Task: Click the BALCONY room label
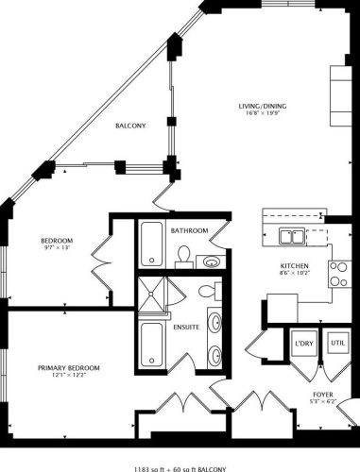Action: [x=130, y=126]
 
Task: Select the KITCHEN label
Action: [x=295, y=265]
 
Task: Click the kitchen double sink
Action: [x=294, y=238]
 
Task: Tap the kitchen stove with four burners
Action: [x=337, y=274]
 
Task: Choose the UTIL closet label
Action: [x=336, y=342]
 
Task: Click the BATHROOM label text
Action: [x=189, y=230]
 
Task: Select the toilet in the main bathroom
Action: [x=185, y=255]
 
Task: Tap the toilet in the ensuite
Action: [x=214, y=289]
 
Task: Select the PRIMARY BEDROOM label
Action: [x=69, y=367]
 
